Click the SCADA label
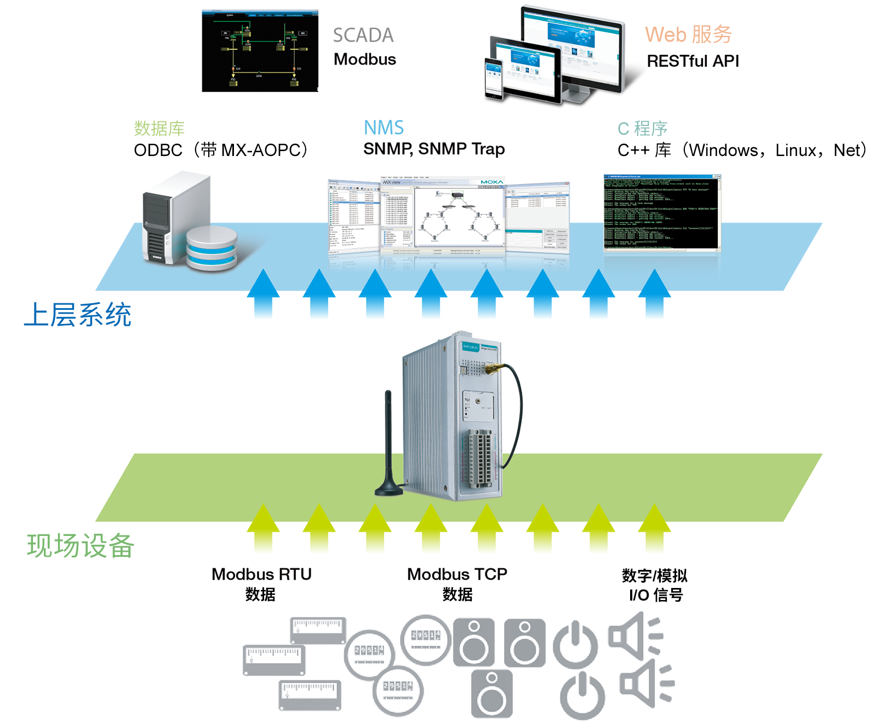(363, 36)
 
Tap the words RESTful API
(693, 61)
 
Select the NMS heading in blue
(384, 128)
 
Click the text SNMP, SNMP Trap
(434, 149)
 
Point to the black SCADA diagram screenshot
(260, 51)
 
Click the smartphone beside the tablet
(493, 78)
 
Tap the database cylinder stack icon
(211, 248)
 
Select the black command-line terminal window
(662, 212)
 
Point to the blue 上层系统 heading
(78, 315)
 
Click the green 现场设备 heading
(81, 546)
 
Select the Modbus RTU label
(261, 574)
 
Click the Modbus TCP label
(457, 574)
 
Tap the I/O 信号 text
(655, 595)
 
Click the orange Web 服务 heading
(688, 34)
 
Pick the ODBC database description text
(221, 150)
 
